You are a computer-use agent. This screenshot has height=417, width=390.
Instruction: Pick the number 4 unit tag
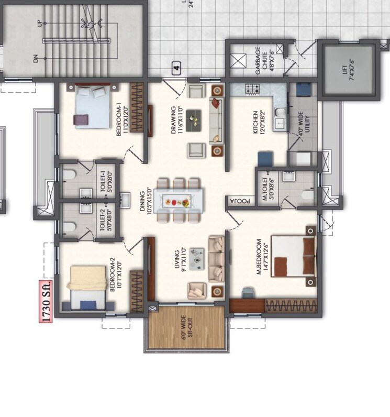[x=177, y=68]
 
